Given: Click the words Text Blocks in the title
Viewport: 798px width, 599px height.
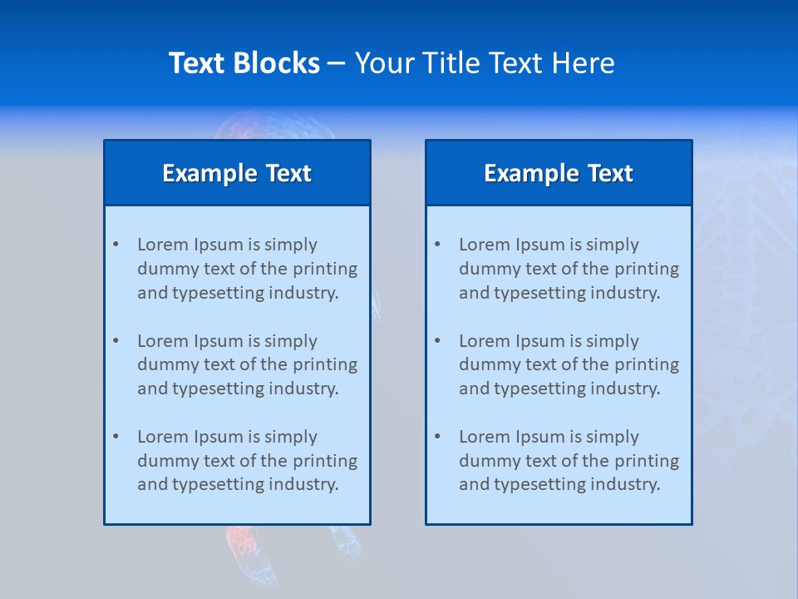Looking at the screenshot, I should [244, 63].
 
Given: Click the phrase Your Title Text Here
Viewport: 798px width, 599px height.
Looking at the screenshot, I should [485, 63].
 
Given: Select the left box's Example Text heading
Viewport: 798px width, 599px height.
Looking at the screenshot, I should [237, 173].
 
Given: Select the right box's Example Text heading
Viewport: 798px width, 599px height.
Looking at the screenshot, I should [559, 173].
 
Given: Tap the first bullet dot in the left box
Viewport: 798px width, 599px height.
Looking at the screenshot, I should [116, 245].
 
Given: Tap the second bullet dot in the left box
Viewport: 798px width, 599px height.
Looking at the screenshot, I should [116, 341].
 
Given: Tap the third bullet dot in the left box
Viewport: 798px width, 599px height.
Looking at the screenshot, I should [116, 437].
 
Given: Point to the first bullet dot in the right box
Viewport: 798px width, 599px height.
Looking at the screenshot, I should [437, 245].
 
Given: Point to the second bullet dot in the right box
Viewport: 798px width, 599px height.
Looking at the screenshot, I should [437, 341].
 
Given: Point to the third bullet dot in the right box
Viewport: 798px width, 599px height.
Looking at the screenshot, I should [437, 437].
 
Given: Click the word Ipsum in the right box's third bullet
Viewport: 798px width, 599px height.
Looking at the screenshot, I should [540, 437].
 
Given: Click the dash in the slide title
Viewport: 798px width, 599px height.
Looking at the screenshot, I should [337, 63].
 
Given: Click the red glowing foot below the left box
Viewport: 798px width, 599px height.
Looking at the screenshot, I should [241, 541].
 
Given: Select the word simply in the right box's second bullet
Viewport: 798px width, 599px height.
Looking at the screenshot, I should [613, 341].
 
